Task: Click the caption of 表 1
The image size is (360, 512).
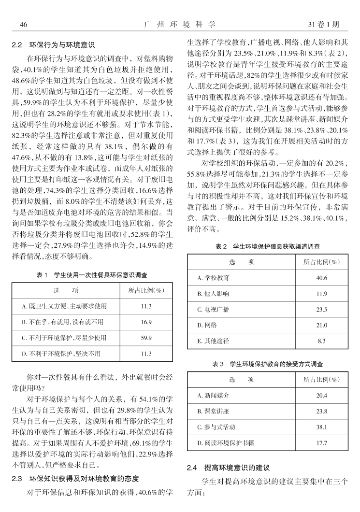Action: [92, 275]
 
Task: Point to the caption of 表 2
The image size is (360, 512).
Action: [268, 247]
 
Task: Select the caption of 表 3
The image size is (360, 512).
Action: [268, 363]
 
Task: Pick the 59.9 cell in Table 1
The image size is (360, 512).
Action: [146, 338]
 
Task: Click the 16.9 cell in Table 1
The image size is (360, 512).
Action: [146, 322]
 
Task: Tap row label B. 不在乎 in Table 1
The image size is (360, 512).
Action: [63, 322]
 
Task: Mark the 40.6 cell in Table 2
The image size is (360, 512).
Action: [322, 278]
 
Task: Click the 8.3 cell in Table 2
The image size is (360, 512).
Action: [322, 341]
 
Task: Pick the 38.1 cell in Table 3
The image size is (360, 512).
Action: [322, 427]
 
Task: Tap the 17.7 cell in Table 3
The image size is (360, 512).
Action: [322, 443]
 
